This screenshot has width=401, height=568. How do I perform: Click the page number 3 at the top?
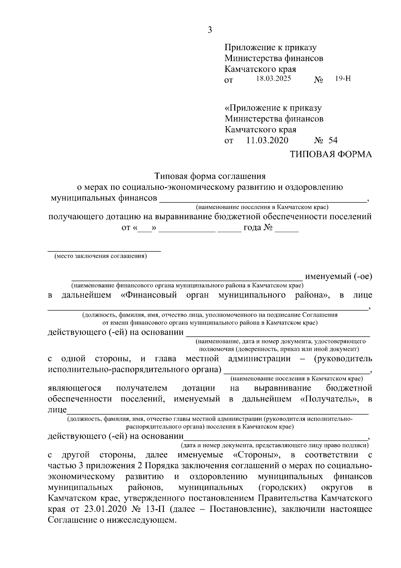[210, 30]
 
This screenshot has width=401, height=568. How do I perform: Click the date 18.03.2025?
[273, 79]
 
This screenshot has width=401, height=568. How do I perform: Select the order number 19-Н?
[343, 79]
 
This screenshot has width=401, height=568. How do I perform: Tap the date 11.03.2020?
[267, 140]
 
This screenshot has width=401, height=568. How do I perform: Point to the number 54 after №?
[333, 140]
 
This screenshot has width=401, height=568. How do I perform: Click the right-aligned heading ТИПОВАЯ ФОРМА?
[330, 154]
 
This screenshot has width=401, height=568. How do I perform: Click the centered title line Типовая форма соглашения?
[210, 176]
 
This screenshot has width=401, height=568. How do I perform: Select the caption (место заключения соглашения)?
[101, 256]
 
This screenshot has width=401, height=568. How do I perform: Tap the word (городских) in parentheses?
[282, 487]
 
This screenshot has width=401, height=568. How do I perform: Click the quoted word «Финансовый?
[148, 295]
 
